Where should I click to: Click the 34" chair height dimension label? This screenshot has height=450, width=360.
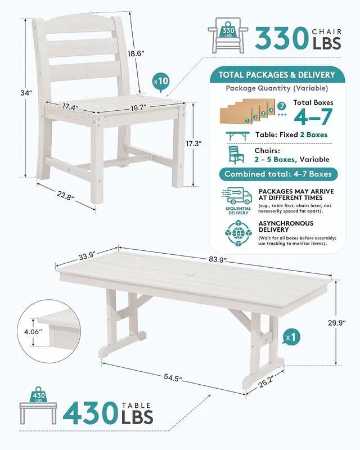(x=26, y=93)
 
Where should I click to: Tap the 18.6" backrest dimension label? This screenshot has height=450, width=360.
(x=136, y=53)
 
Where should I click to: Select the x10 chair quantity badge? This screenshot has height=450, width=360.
(x=160, y=82)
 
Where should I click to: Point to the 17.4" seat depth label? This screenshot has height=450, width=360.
(x=71, y=107)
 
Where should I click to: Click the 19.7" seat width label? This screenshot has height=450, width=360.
(x=139, y=108)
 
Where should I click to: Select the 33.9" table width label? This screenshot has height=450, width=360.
(x=87, y=256)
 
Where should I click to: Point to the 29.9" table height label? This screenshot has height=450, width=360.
(x=336, y=323)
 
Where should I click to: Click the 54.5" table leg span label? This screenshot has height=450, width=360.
(x=173, y=377)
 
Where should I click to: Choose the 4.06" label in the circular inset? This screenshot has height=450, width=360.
(x=33, y=332)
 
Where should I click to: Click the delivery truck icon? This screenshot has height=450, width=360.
(x=237, y=196)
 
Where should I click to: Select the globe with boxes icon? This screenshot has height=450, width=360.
(x=238, y=233)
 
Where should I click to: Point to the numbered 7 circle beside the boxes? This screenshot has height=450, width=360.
(x=282, y=106)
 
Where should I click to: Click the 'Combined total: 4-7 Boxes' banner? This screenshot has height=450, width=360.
(x=278, y=174)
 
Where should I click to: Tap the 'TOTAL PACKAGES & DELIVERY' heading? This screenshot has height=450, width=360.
(x=277, y=75)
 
